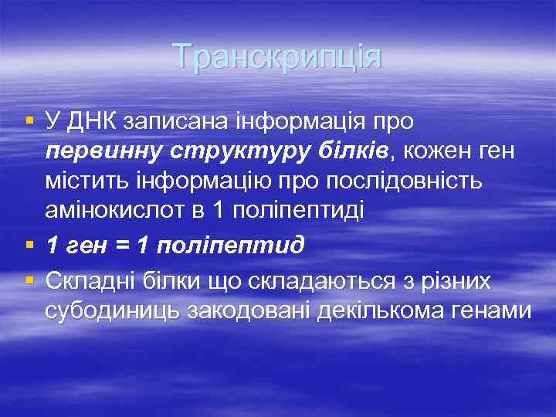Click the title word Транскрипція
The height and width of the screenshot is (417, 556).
(x=277, y=56)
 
